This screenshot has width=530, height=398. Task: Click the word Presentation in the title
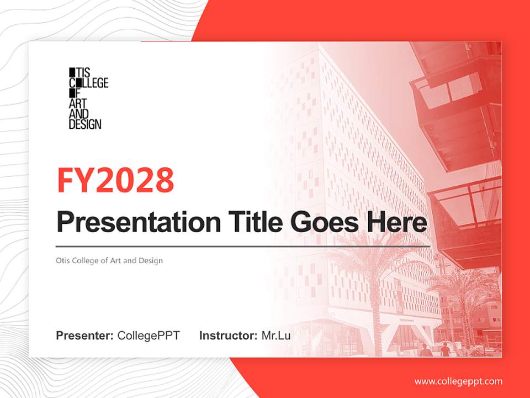point(139,222)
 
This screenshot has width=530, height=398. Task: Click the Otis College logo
point(88,98)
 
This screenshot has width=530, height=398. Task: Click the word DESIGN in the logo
point(85,124)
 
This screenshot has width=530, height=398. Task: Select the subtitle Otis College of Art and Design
point(109,260)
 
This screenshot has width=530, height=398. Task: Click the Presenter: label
point(85,336)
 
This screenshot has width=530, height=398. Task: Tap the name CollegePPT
point(149,336)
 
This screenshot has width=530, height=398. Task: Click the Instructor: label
point(228,336)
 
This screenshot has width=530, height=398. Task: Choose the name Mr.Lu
point(275,336)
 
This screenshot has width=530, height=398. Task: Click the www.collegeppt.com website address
point(458,381)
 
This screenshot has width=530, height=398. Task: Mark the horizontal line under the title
point(243,246)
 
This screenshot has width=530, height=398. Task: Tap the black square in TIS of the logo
point(71,72)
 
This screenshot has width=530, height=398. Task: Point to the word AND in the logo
point(78,114)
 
